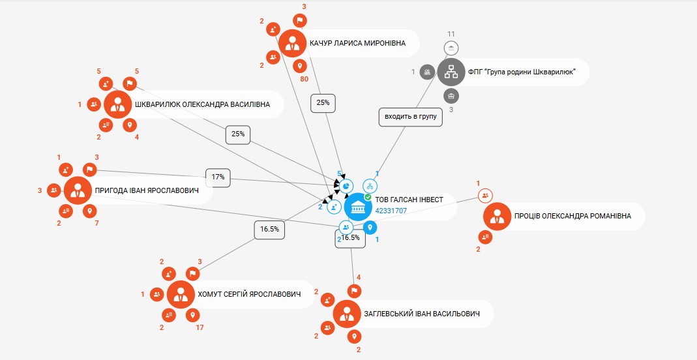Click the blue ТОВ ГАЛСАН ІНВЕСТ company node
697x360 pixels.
click(358, 207)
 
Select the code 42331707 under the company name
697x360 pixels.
click(391, 211)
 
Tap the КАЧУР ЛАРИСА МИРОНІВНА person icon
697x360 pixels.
click(293, 43)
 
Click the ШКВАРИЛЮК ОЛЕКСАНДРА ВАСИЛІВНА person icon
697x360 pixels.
click(118, 104)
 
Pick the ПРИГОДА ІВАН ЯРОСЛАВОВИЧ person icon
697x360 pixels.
click(78, 190)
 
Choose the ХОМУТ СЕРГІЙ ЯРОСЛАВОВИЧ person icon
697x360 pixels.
click(181, 294)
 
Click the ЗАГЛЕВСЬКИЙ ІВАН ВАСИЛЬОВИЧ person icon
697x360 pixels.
click(347, 314)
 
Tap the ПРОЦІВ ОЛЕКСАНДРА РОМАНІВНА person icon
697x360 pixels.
click(497, 217)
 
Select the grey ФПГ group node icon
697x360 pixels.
click(451, 72)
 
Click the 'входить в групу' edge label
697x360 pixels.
click(411, 117)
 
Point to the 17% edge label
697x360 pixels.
click(218, 177)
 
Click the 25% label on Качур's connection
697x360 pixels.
click(323, 102)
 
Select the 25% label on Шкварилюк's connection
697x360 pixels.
click(238, 134)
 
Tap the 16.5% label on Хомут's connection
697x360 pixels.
click(269, 230)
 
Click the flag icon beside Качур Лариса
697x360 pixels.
click(300, 20)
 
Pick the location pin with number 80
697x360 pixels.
click(300, 67)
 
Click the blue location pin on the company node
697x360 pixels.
click(370, 228)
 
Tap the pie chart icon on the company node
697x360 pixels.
click(346, 187)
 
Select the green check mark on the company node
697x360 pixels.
click(368, 196)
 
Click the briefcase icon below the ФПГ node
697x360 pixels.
click(451, 96)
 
